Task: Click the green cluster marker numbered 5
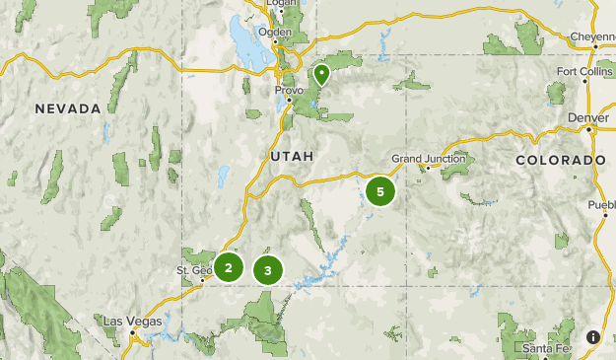pos(380,191)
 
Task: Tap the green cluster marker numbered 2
pos(229,267)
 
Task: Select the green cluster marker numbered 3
pos(267,269)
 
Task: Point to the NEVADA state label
pos(67,108)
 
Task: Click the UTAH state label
pos(291,156)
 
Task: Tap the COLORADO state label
pos(560,159)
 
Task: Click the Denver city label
pos(588,117)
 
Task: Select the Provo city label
pos(288,90)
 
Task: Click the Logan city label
pos(282,4)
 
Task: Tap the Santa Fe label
pos(544,349)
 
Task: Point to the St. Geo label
pos(194,270)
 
